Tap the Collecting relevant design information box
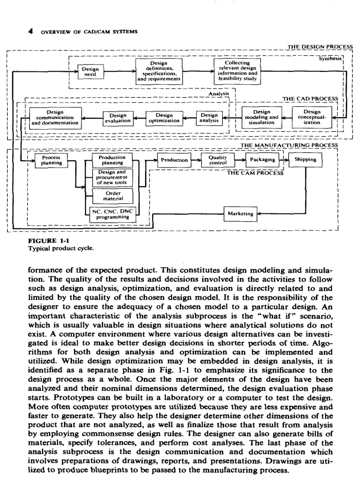pos(237,72)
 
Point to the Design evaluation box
pos(117,117)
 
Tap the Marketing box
pos(240,214)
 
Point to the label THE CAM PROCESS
pos(255,173)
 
